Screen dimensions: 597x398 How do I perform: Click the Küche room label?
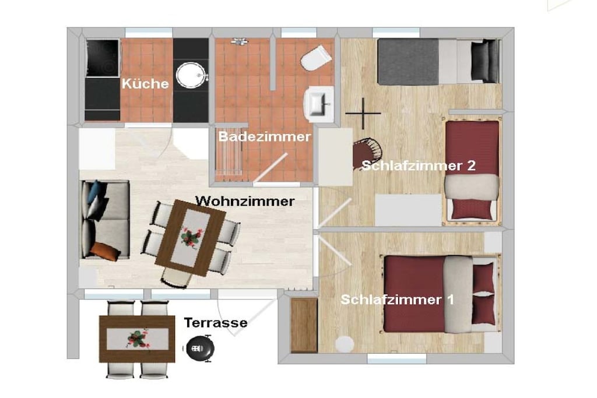tap(145, 84)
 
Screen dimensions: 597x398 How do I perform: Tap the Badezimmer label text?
tap(265, 136)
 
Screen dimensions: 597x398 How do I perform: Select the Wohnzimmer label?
tap(245, 201)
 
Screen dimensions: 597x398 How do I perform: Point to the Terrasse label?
tap(216, 323)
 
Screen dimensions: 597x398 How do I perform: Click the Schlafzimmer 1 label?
tap(398, 300)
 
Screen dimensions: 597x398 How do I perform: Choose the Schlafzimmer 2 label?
tap(419, 165)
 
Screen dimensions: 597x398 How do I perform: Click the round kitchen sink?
tap(191, 75)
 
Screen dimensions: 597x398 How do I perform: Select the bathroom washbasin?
tap(319, 104)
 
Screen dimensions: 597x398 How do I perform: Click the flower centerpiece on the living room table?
tap(191, 237)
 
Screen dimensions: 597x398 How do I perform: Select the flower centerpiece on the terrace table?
tap(137, 339)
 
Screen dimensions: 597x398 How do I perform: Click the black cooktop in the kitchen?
tap(103, 58)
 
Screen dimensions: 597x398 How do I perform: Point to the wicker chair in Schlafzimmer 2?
tap(367, 153)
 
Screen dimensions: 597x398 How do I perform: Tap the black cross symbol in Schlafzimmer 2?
tap(363, 113)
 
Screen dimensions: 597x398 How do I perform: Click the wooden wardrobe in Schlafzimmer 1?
tap(304, 325)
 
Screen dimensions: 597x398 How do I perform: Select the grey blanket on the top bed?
tap(408, 62)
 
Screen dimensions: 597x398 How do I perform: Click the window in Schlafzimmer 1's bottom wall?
tap(396, 358)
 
